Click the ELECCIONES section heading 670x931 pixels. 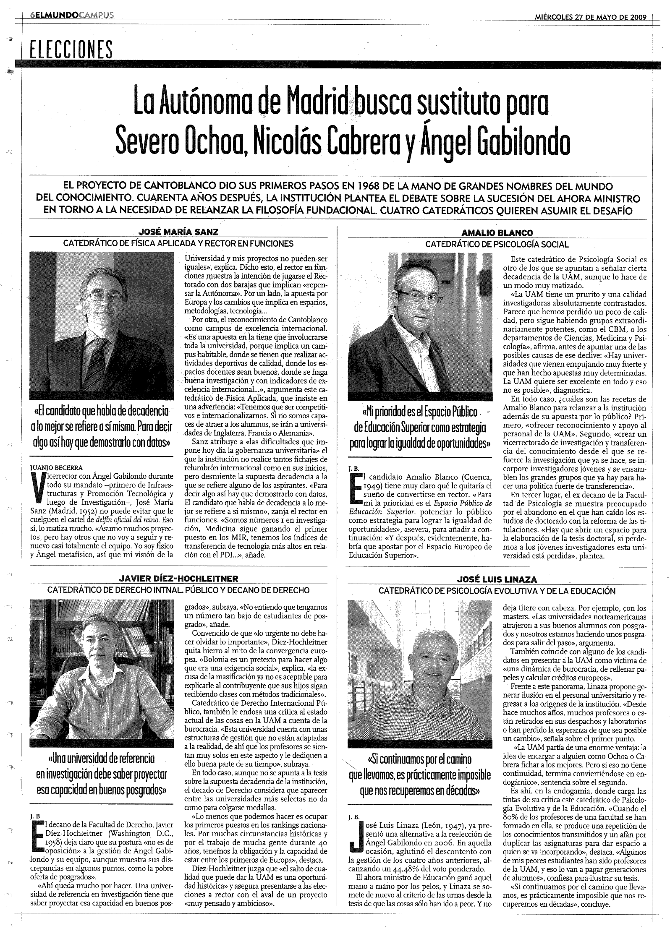tap(68, 50)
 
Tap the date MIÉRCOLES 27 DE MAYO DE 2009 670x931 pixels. tap(590, 18)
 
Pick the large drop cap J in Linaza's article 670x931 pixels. tap(356, 843)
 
